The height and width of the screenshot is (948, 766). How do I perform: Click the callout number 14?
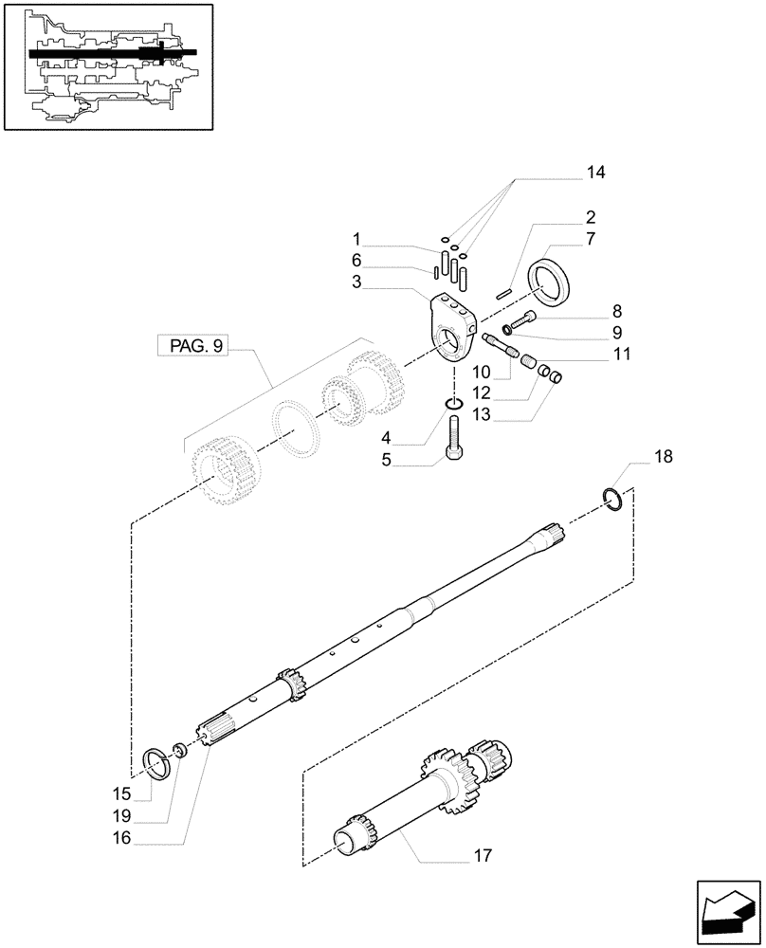pyautogui.click(x=594, y=173)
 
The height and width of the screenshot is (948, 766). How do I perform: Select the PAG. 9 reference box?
pyautogui.click(x=193, y=347)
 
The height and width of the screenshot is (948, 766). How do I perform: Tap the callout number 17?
pyautogui.click(x=483, y=857)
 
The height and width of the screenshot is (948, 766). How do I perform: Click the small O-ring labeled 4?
pyautogui.click(x=455, y=406)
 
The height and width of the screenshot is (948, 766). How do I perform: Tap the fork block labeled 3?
pyautogui.click(x=448, y=327)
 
